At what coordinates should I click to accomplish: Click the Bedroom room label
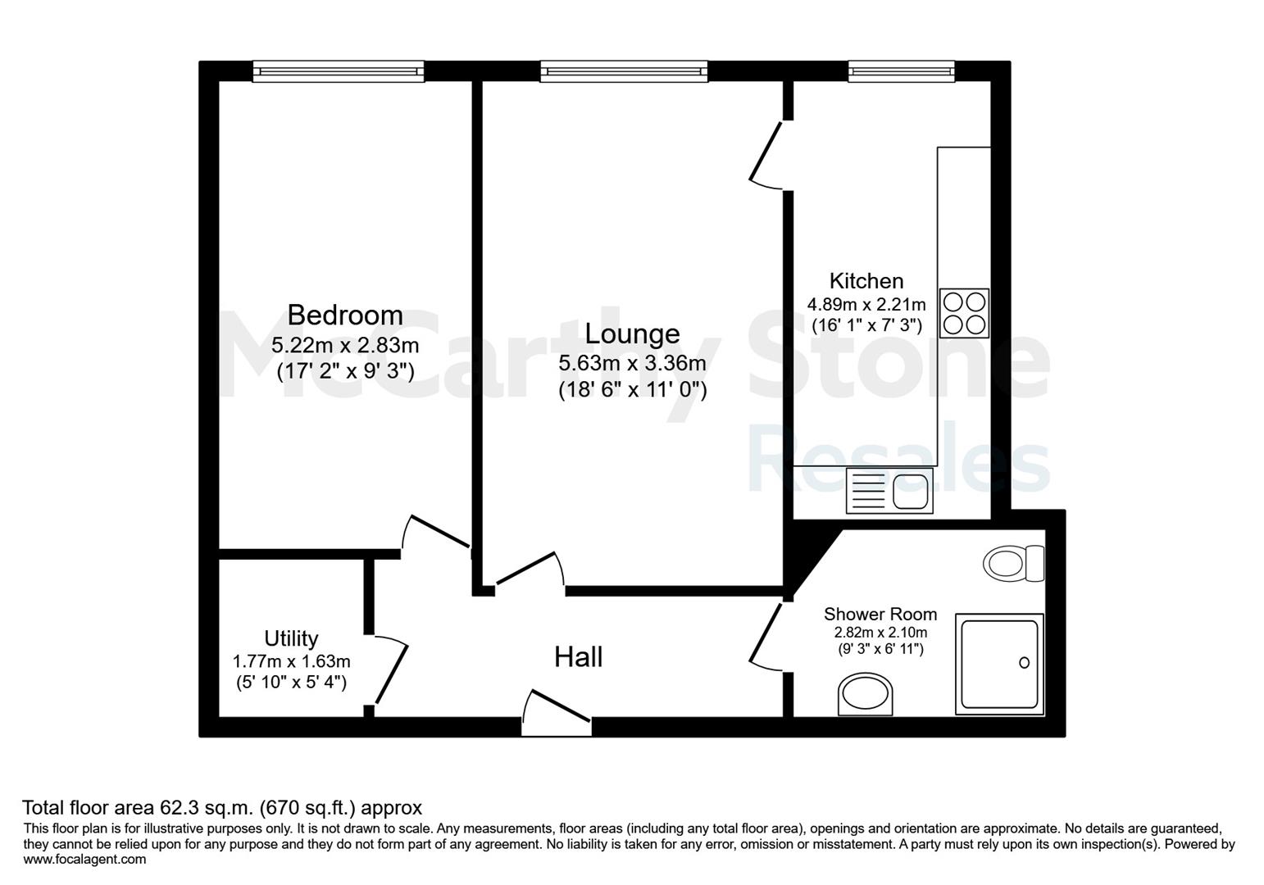(x=345, y=315)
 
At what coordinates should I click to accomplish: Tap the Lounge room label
(x=632, y=334)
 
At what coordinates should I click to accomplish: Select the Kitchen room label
(x=866, y=281)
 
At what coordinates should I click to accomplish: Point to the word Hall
(x=579, y=657)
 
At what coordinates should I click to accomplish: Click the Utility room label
(x=291, y=638)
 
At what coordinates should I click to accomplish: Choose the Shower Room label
(x=880, y=614)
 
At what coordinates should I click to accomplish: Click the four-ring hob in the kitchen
(x=964, y=313)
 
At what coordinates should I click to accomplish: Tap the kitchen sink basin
(x=910, y=492)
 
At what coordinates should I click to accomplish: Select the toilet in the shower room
(x=1013, y=563)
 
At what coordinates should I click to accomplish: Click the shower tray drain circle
(x=1024, y=663)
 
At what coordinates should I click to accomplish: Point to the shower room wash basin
(x=865, y=694)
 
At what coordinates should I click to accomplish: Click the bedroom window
(x=338, y=71)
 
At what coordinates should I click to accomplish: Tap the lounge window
(x=624, y=71)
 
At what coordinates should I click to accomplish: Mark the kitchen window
(x=902, y=71)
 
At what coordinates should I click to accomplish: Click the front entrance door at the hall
(x=557, y=712)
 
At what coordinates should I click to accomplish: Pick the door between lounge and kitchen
(x=766, y=156)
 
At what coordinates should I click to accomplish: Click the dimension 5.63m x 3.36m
(x=632, y=363)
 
